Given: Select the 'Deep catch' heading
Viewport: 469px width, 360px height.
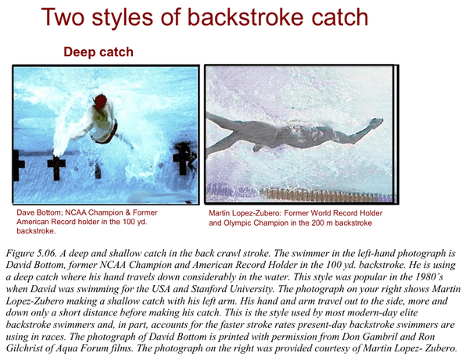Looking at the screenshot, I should pos(98,52).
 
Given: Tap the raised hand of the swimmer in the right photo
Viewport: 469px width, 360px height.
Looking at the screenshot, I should pos(375,122).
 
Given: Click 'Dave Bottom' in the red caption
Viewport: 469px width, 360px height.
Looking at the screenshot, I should pos(44,212).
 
